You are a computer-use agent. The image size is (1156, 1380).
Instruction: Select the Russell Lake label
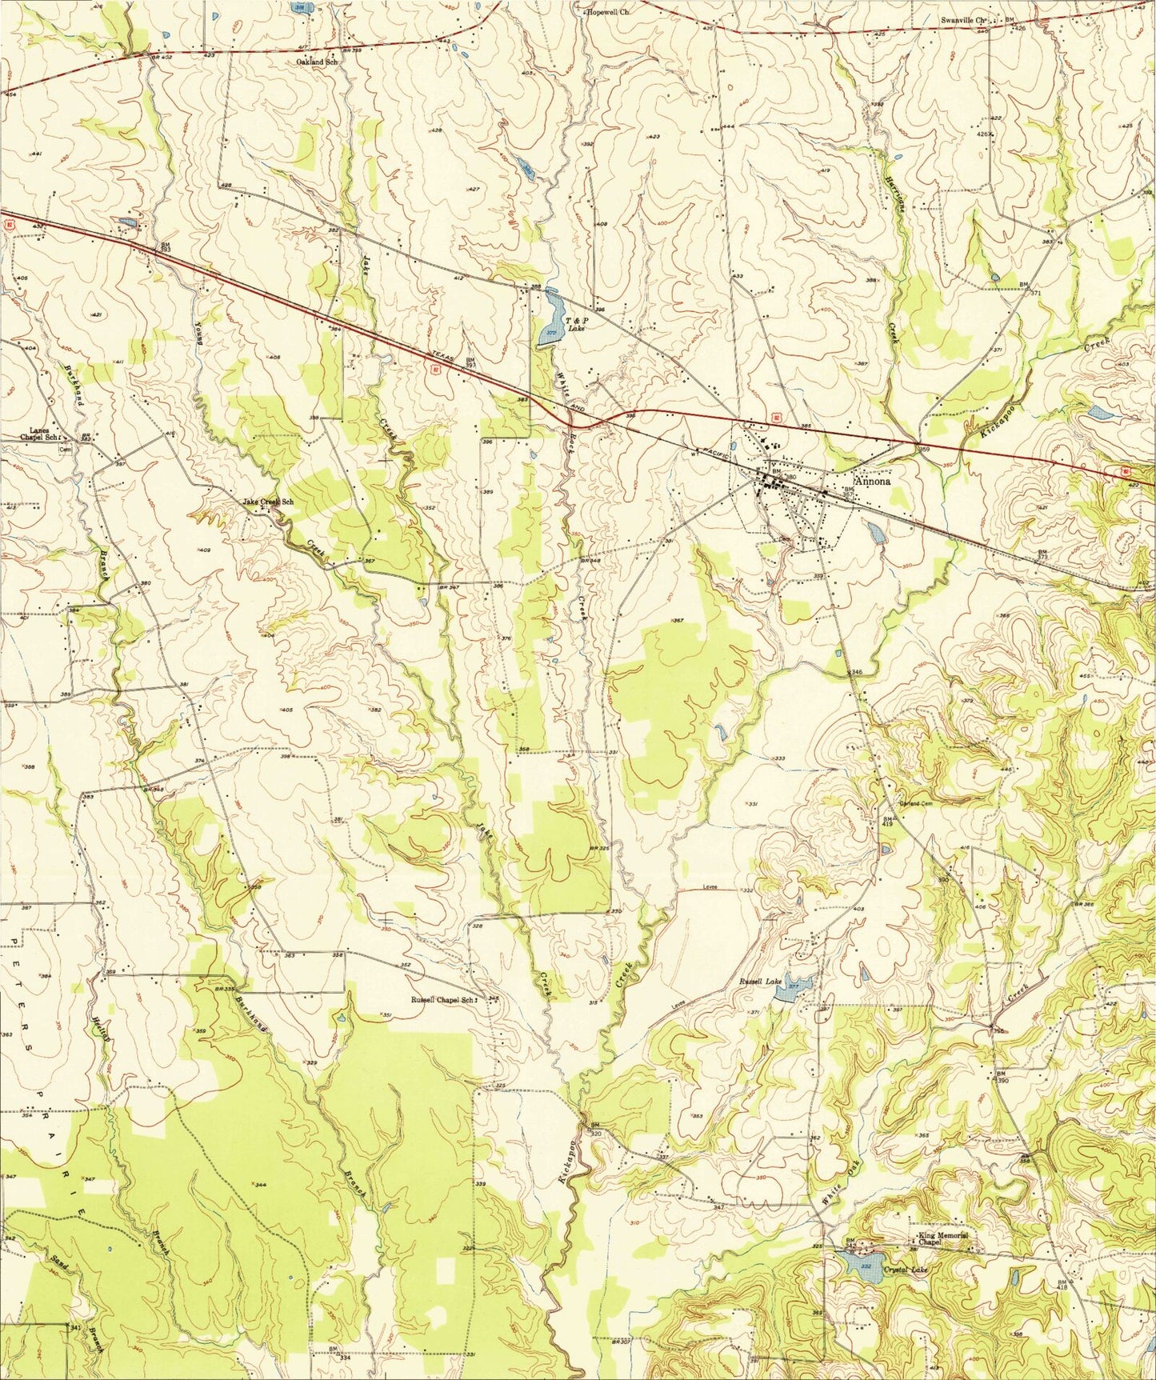coord(758,981)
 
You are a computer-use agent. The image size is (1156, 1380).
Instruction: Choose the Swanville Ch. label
coord(966,19)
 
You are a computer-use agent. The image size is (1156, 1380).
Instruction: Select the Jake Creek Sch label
coord(268,502)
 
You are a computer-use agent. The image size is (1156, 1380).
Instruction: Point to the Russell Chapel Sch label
coord(442,1000)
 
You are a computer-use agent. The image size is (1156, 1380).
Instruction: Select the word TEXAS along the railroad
coord(442,359)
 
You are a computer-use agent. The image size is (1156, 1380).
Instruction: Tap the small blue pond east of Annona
coord(876,531)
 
